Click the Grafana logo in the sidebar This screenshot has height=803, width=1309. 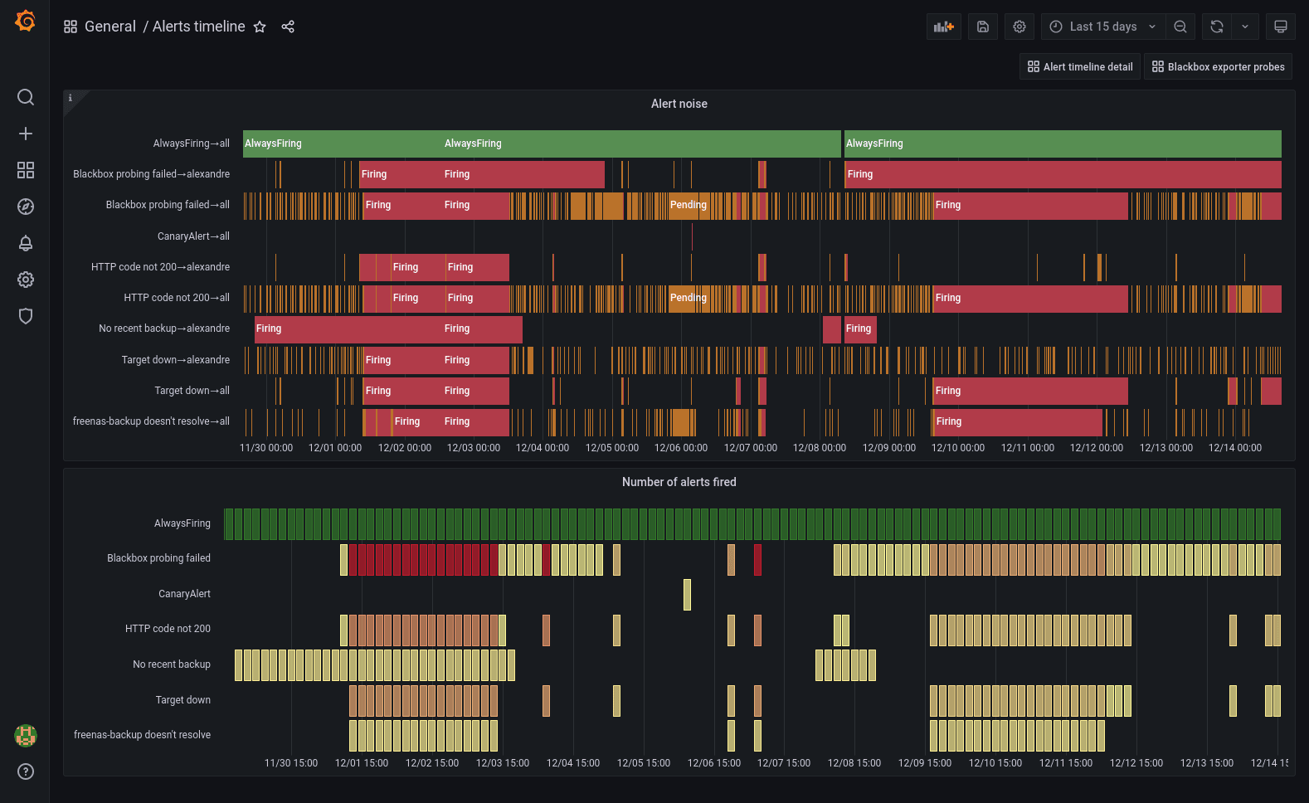coord(26,21)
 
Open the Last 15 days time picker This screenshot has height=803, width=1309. coord(1102,27)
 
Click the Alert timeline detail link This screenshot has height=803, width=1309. coord(1079,67)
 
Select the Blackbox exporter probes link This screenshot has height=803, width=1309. coord(1218,67)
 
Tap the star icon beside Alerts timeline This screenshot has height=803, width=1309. coord(260,27)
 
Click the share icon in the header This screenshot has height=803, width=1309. coord(288,27)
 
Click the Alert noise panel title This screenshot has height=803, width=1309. coord(679,104)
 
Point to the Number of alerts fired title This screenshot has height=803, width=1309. coord(679,482)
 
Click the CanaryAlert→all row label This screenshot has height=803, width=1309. coord(193,236)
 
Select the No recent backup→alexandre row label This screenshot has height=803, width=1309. coord(163,328)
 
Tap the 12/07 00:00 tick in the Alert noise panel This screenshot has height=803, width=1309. coord(750,448)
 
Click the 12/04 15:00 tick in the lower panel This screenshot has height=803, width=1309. coord(572,763)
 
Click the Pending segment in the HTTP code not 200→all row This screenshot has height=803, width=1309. coord(688,298)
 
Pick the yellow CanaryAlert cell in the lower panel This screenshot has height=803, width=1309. coord(687,595)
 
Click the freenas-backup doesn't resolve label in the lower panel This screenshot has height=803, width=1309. coord(142,735)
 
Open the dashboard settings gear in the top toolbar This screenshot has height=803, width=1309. coord(1019,27)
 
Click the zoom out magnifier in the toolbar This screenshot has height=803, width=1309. coord(1180,27)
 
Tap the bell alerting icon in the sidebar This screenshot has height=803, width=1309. coord(26,243)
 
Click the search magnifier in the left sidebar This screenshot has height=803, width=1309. coord(26,97)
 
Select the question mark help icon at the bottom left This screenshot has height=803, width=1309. coord(26,771)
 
